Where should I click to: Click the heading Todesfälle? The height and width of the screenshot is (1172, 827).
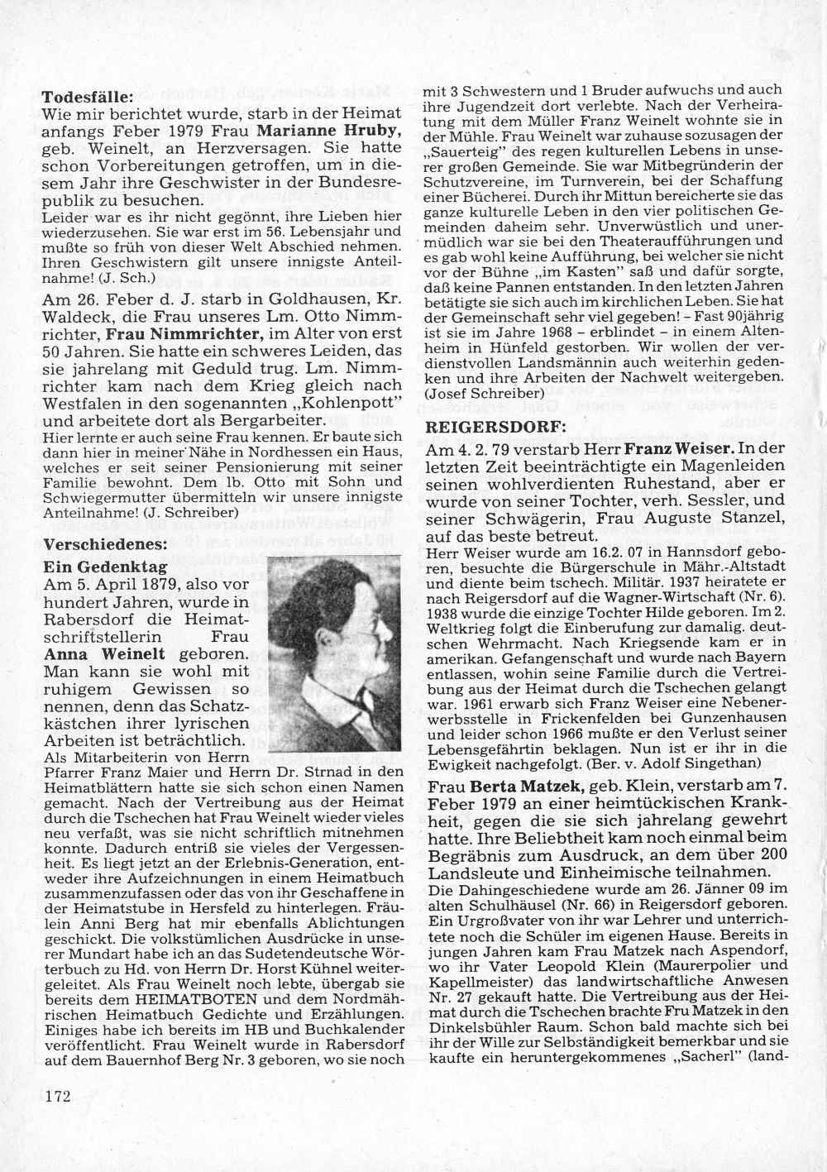(x=88, y=95)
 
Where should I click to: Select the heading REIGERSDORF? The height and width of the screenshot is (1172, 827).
(x=496, y=428)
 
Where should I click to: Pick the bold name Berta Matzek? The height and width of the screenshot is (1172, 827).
(x=528, y=785)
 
